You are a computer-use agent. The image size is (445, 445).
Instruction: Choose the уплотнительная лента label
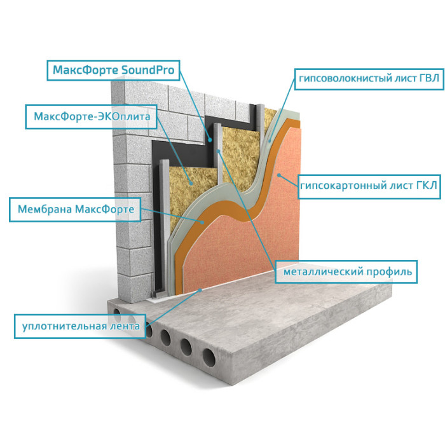point(79,327)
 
